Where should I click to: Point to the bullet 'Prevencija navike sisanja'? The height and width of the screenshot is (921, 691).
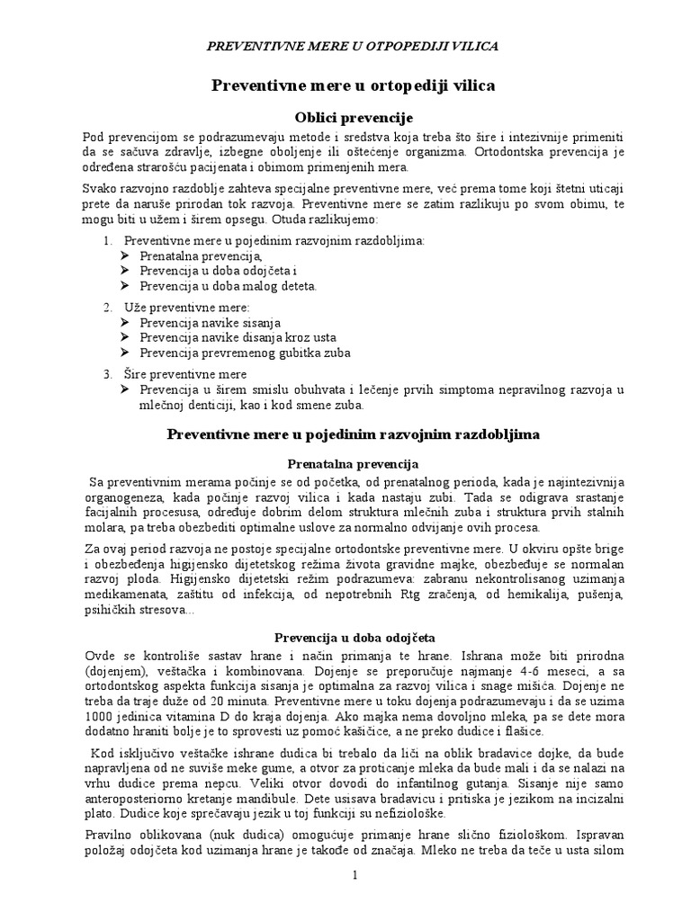tap(211, 322)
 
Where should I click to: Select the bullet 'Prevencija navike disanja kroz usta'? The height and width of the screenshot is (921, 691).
tap(237, 337)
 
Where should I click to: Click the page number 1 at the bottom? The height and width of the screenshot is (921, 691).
tap(354, 875)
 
